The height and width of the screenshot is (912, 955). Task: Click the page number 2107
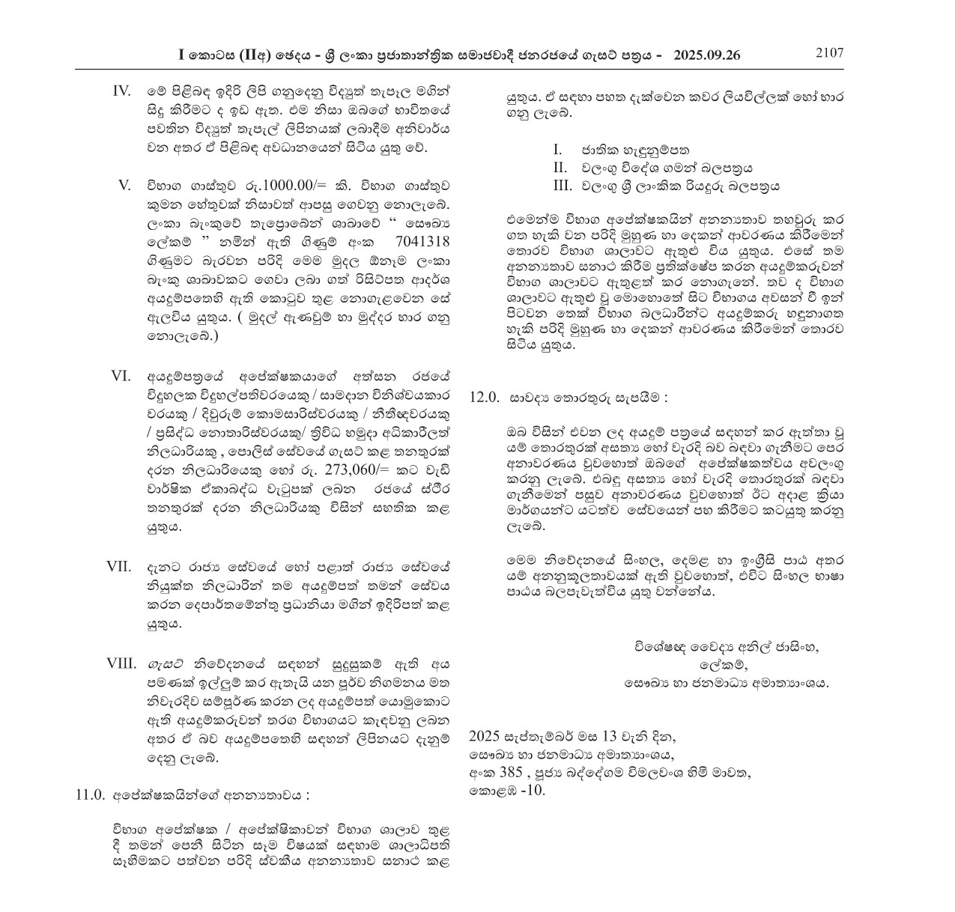829,53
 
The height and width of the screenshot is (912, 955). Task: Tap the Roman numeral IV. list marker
122,91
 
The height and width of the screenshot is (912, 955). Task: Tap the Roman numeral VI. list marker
121,376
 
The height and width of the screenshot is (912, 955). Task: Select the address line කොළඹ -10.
507,790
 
